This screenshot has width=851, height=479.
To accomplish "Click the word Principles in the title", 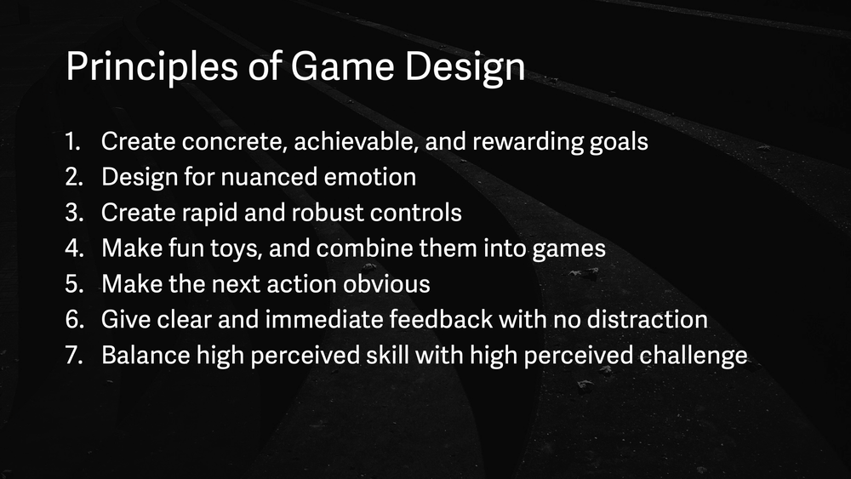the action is (152, 67).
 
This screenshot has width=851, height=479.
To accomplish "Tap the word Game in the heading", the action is (342, 66).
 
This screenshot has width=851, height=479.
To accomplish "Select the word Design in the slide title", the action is (465, 68).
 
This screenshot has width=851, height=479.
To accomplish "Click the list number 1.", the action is (72, 141).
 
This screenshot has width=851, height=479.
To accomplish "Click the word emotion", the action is (369, 177).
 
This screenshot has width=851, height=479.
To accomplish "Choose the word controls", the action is (416, 213).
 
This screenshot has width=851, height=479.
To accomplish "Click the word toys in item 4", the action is (237, 249).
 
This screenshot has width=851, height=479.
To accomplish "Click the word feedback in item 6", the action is (441, 320).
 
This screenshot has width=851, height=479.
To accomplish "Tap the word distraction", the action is (648, 320).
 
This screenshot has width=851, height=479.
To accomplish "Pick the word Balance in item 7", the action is (146, 356).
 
